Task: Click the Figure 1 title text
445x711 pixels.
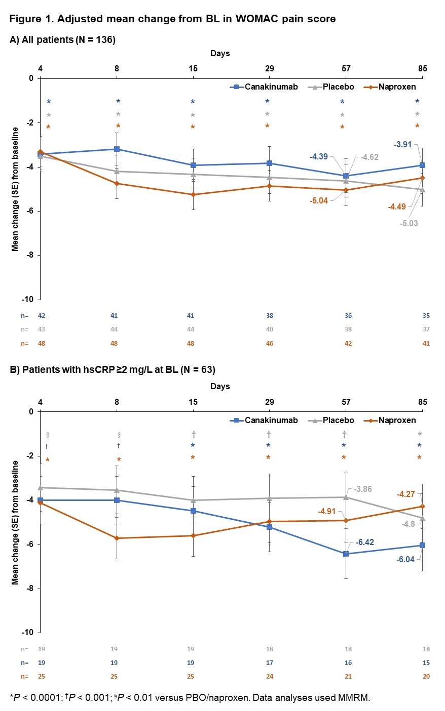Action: tap(172, 19)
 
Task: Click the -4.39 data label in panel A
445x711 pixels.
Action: tap(319, 157)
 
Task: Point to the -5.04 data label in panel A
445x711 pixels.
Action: tap(319, 201)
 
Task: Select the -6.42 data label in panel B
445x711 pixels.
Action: tap(365, 542)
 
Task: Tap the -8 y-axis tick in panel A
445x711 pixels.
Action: tap(30, 255)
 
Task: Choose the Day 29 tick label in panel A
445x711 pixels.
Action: tap(269, 69)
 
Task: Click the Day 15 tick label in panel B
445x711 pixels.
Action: tap(193, 402)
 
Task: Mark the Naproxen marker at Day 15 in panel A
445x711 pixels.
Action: tap(193, 194)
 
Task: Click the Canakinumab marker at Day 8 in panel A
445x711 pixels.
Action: tap(117, 149)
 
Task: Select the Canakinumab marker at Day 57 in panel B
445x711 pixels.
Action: tap(346, 554)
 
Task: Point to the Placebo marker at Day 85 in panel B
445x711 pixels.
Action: tap(422, 518)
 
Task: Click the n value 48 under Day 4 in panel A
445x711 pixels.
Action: tap(42, 344)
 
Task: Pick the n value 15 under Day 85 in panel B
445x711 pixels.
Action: tap(426, 663)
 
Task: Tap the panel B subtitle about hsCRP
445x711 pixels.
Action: tap(113, 370)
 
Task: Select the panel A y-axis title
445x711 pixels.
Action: tap(15, 189)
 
